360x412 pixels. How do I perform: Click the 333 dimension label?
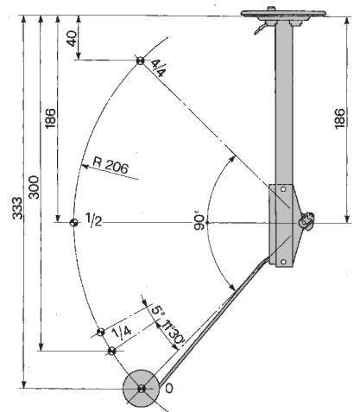click(17, 208)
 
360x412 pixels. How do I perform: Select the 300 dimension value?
click(34, 187)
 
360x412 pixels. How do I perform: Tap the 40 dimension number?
click(72, 38)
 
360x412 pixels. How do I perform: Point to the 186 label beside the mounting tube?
click(340, 118)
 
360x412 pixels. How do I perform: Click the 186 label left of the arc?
click(50, 118)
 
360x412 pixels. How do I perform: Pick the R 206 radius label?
click(111, 165)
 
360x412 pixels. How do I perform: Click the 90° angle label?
click(199, 221)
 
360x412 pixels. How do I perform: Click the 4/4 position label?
click(158, 67)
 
